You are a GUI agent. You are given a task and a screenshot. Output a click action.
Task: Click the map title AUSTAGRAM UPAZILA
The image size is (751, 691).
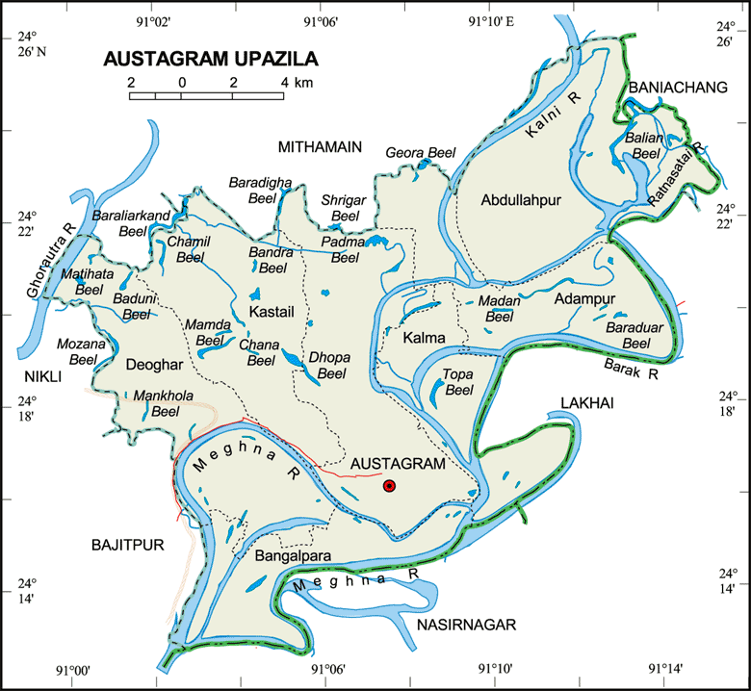tap(210, 60)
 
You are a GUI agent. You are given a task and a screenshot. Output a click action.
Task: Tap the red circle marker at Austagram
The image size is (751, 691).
tap(389, 486)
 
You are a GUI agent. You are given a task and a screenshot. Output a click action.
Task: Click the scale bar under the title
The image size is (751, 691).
tap(207, 95)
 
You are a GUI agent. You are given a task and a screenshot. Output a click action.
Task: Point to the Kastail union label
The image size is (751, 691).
tap(271, 314)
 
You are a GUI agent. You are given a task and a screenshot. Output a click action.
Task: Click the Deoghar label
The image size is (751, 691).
tap(153, 364)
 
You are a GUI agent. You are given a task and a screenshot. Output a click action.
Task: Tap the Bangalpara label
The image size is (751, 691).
tap(294, 556)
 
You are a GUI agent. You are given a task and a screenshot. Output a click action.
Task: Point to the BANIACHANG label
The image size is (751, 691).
tap(677, 88)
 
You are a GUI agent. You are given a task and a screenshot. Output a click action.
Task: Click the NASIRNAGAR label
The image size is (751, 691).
tap(467, 625)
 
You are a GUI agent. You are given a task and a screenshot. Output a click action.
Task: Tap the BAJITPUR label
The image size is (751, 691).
tap(128, 545)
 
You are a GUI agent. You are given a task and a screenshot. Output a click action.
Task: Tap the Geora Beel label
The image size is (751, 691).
tap(419, 153)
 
